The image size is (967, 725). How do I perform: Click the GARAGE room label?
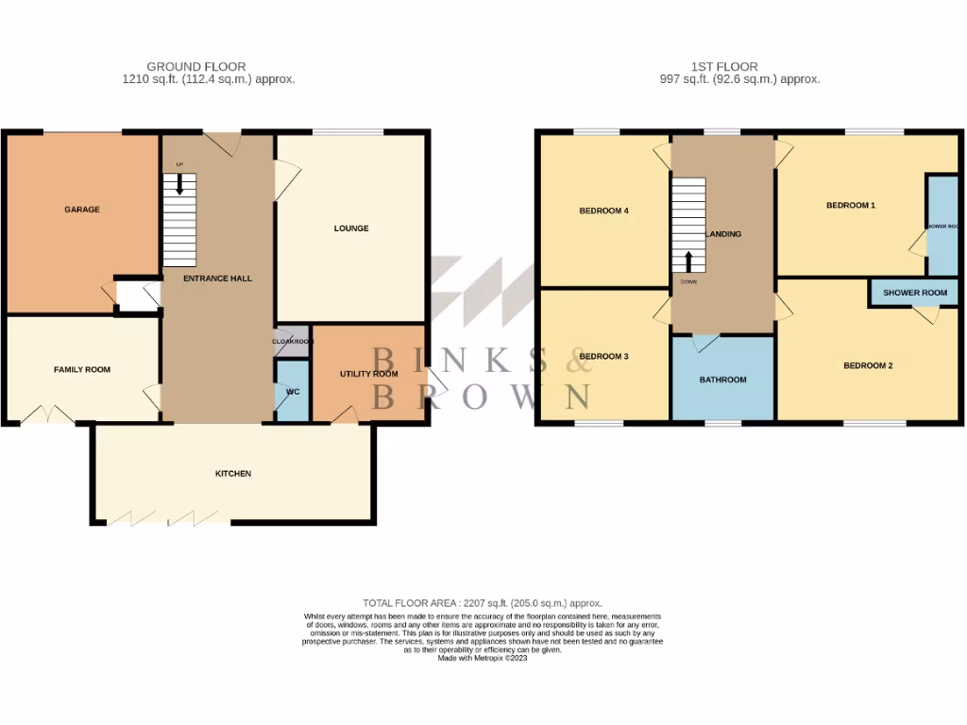point(82,210)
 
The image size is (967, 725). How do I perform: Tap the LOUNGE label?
point(351,228)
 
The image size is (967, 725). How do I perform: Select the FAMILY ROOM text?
point(82,369)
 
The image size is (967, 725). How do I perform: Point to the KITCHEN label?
point(233,473)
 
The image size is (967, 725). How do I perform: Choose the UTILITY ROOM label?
point(368,374)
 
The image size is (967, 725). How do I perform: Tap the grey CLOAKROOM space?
point(293,342)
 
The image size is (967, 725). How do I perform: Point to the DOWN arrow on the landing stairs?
point(688,261)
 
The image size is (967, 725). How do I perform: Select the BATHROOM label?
point(722,379)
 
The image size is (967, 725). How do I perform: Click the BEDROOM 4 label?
point(603,211)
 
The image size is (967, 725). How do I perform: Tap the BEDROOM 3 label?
point(603,356)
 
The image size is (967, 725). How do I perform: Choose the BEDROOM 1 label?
point(851,205)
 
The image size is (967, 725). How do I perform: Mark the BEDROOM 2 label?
point(868,365)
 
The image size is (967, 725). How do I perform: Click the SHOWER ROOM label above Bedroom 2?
point(915,293)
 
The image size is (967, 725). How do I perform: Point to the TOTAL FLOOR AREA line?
point(483,602)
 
